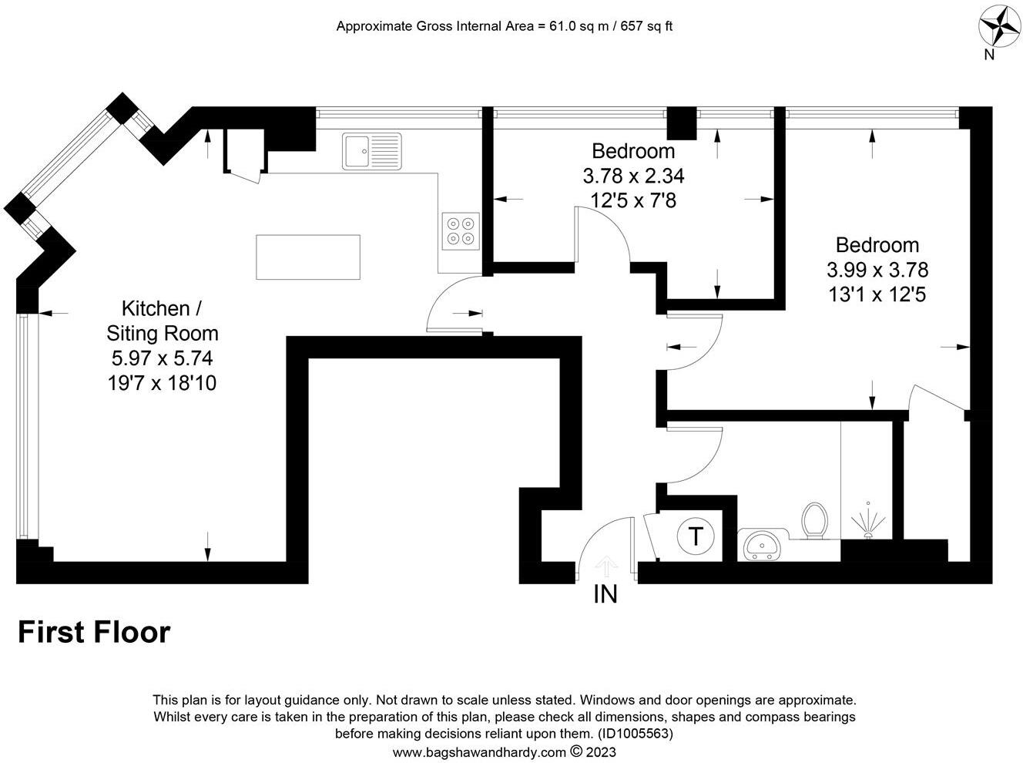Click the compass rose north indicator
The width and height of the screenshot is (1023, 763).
coord(998,26)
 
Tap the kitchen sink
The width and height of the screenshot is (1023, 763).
coord(372,151)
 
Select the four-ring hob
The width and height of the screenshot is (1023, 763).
coord(461,231)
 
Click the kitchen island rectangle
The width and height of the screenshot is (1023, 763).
coord(308,257)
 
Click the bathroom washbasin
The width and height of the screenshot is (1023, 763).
coord(763,545)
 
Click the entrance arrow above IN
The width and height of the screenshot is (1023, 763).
coord(607,568)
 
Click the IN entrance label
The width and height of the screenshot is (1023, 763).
coord(605,594)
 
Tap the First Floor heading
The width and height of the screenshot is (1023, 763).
coord(94,632)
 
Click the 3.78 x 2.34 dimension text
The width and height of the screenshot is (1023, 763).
coord(633,176)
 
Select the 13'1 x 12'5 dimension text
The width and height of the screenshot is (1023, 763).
coord(877,294)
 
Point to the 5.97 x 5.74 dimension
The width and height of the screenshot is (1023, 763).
coord(162,358)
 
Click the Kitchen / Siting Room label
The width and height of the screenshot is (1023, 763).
coord(162,321)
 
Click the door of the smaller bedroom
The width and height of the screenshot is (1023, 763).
coord(605,235)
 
